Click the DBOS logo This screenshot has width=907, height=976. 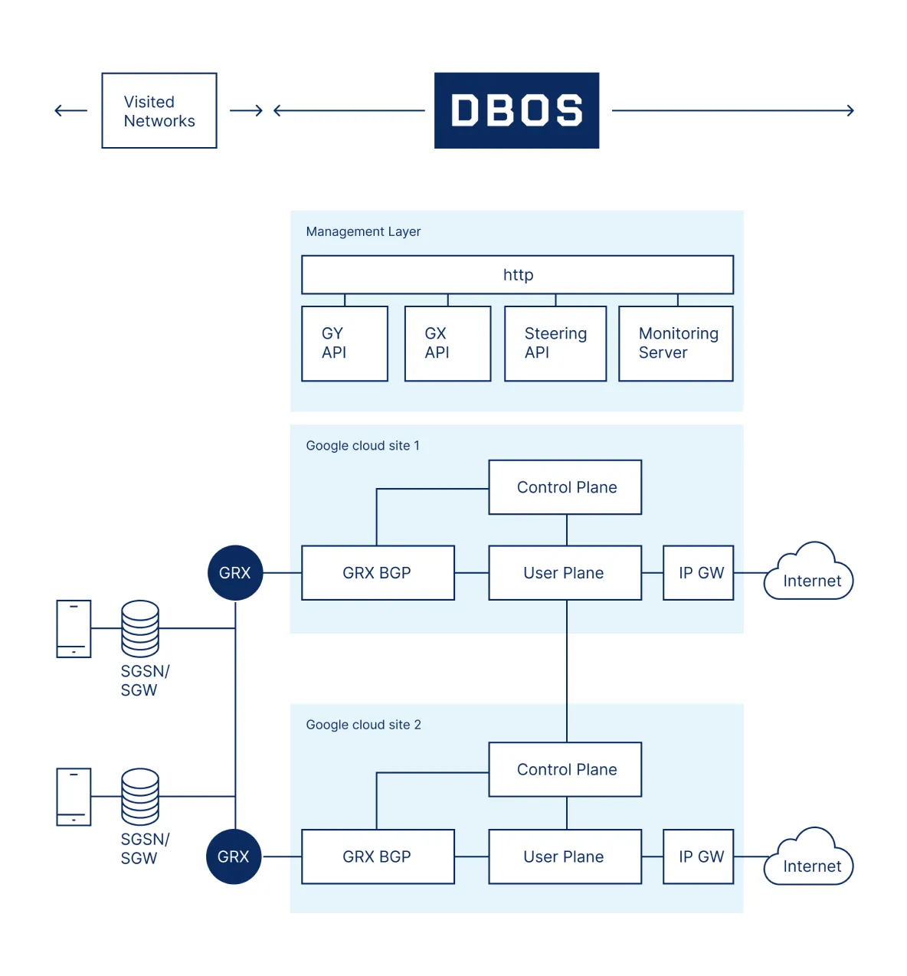[516, 110]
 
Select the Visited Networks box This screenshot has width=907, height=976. [159, 111]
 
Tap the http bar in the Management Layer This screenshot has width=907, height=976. [517, 274]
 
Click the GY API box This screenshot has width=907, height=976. [345, 343]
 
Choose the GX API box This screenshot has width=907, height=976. [447, 343]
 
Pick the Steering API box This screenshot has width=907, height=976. [555, 343]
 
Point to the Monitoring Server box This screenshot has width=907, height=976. [676, 343]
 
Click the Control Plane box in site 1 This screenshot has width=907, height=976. [565, 487]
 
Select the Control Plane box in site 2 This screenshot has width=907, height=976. [565, 769]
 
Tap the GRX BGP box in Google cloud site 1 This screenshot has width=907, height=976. [378, 573]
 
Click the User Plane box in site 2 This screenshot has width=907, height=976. [565, 856]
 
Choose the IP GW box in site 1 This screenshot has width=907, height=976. [699, 573]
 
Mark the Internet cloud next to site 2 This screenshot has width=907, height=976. [810, 860]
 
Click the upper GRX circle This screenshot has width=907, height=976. [235, 573]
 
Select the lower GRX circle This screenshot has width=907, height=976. [234, 856]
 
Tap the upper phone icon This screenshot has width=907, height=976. [74, 629]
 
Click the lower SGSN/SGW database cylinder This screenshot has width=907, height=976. [140, 797]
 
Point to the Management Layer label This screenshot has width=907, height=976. [363, 231]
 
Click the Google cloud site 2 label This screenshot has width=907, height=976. [363, 725]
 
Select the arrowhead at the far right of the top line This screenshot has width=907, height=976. [850, 110]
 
